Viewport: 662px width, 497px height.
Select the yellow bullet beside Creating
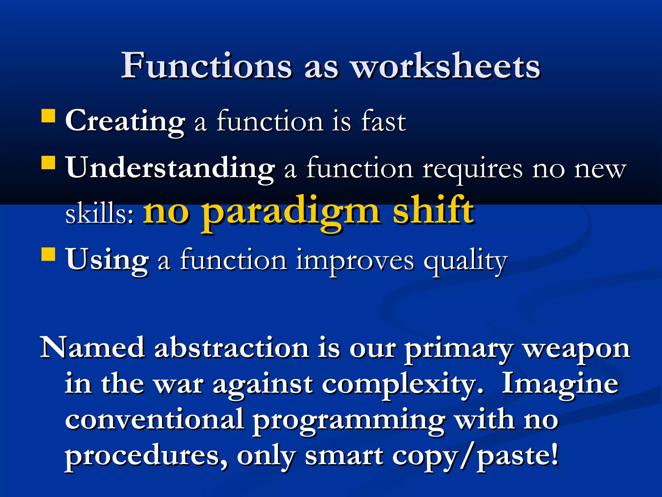(48, 116)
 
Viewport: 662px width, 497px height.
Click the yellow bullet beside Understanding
(48, 163)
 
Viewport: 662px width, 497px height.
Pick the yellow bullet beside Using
(48, 254)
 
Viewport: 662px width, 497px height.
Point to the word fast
(383, 121)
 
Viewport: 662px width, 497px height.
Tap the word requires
(472, 169)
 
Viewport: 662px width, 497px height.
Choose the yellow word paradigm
(291, 212)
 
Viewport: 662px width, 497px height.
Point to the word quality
(465, 261)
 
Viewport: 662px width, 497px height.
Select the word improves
(355, 261)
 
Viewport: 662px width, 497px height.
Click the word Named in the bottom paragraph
(92, 348)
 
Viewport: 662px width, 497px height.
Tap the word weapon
(577, 349)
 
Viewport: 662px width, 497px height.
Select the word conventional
(154, 419)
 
